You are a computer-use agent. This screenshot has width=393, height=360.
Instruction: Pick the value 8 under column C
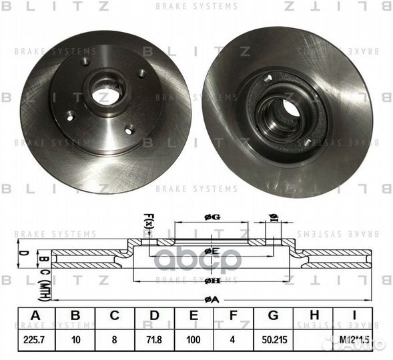tap(115, 338)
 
